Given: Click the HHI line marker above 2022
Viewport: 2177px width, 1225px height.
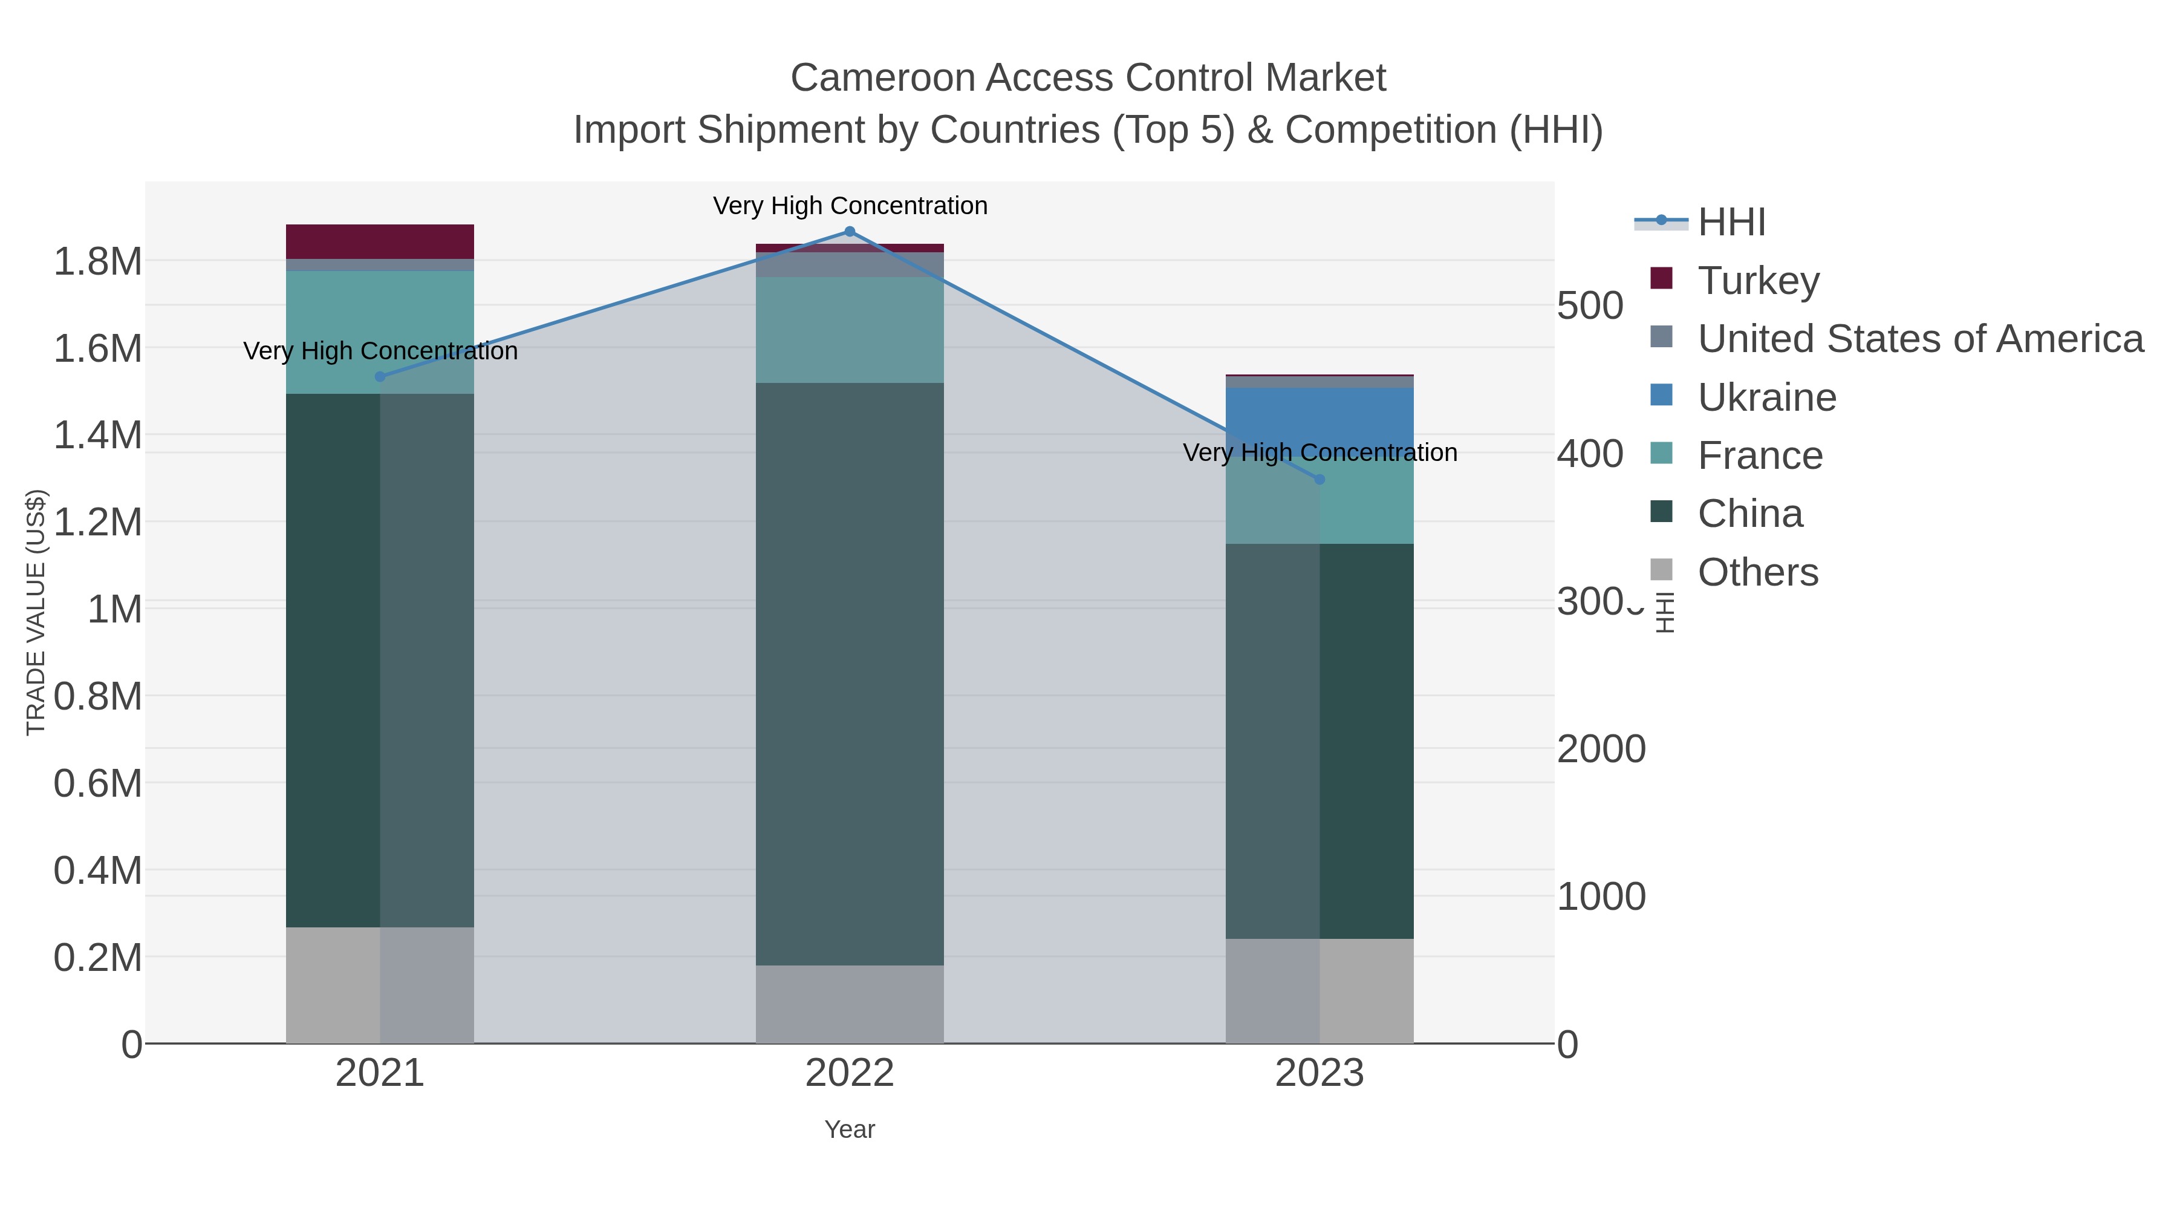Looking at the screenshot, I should click(850, 232).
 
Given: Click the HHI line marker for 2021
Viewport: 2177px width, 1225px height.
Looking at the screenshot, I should click(379, 377).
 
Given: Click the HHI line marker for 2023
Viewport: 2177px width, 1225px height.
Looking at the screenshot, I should click(1320, 479).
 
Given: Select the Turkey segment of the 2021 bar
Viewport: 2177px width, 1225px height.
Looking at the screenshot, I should click(379, 242).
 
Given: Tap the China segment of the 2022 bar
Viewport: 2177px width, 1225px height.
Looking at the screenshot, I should click(850, 674).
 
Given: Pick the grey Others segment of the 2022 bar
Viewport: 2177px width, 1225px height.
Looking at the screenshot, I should click(850, 1004).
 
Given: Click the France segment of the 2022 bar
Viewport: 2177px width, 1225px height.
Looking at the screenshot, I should click(850, 330).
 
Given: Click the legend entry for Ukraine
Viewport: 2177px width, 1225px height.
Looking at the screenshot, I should click(1766, 397).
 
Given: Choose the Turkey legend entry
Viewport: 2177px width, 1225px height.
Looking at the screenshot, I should click(1758, 281).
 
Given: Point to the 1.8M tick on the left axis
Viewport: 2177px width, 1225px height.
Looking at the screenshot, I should click(98, 262).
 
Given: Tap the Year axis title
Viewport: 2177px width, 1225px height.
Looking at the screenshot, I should click(850, 1129).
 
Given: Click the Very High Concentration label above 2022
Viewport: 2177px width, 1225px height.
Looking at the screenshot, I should click(850, 206).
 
